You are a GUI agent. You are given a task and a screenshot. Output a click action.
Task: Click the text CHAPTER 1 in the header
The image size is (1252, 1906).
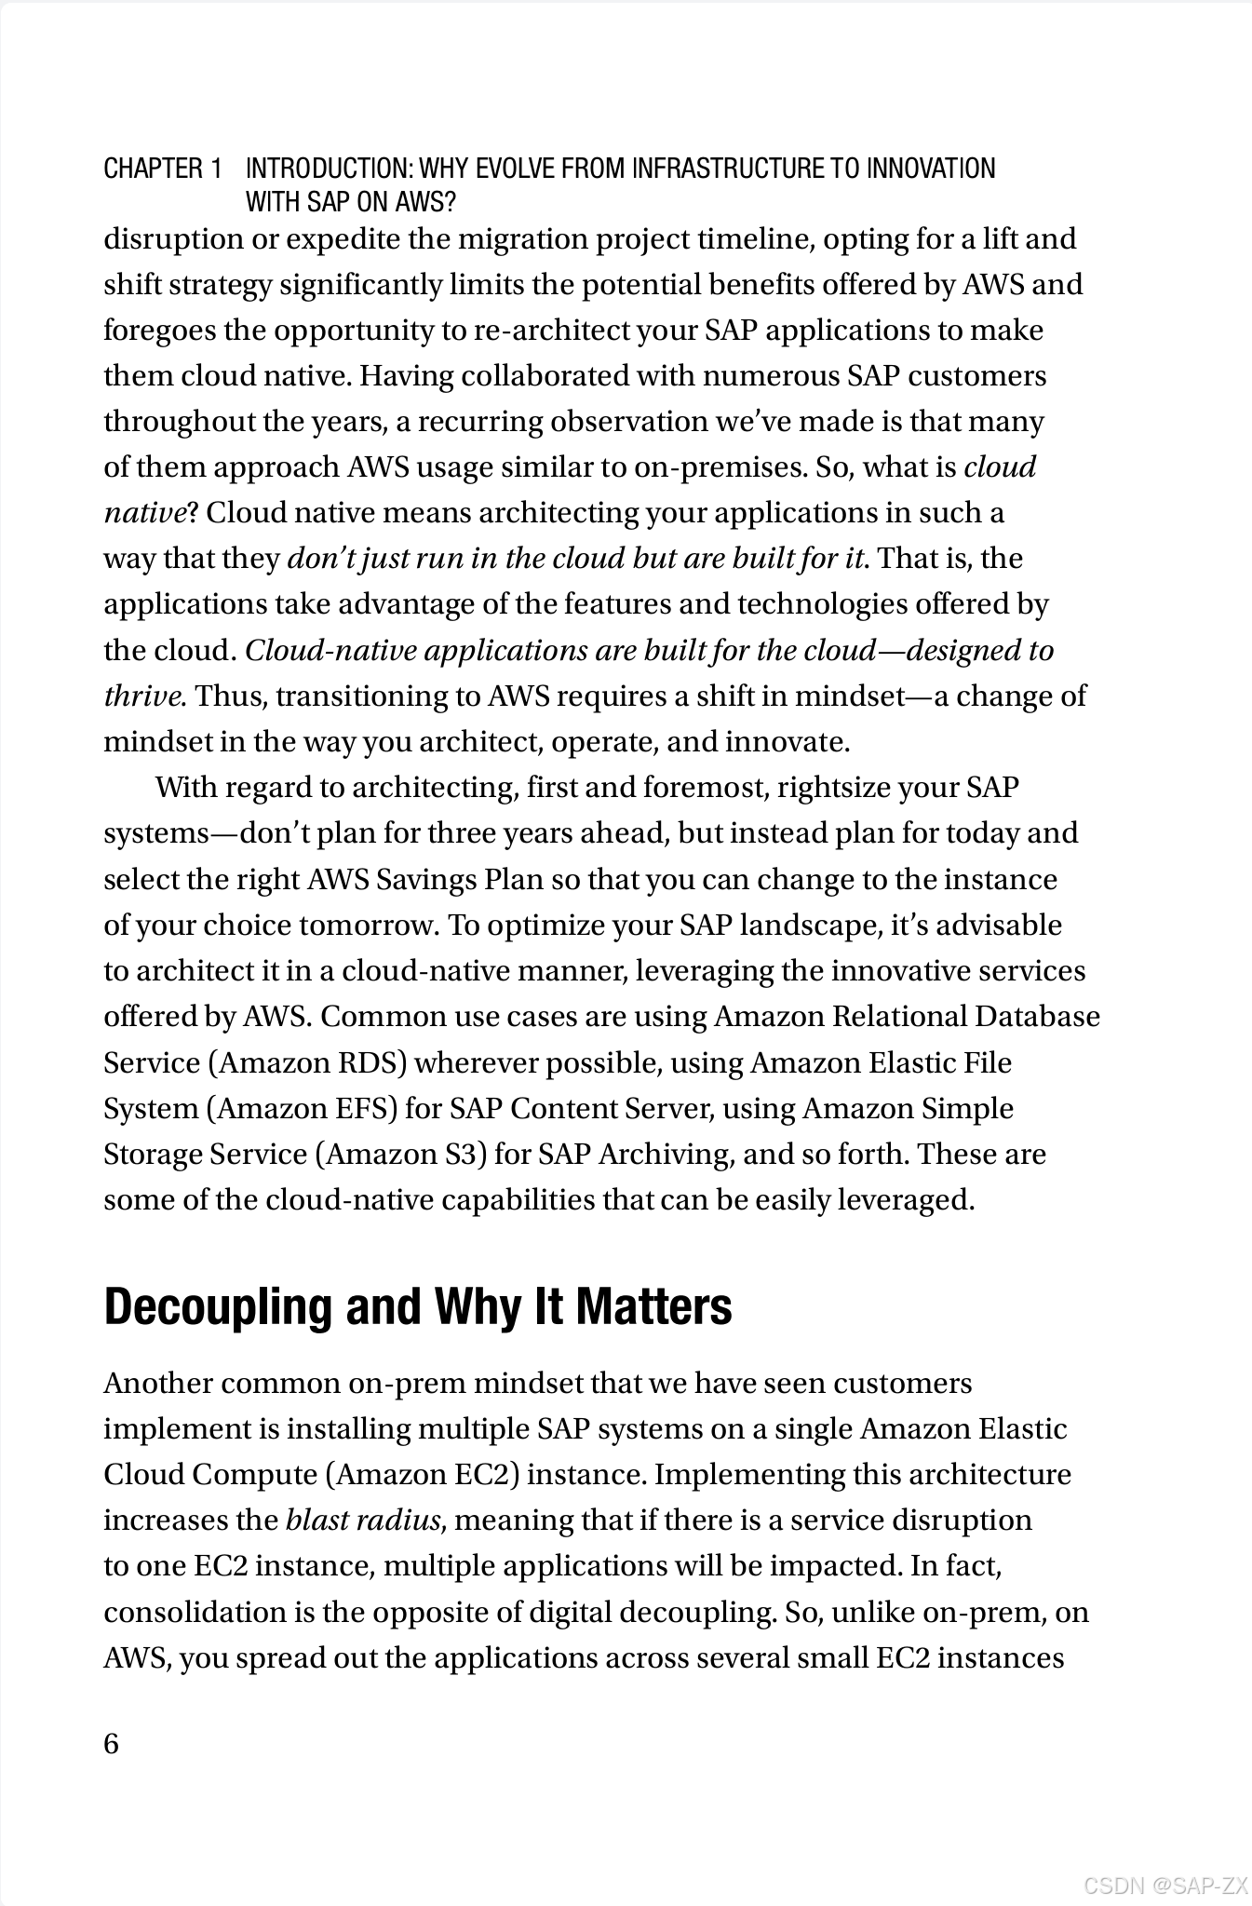click(x=163, y=169)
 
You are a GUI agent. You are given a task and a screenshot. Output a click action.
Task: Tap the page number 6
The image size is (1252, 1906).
click(x=112, y=1743)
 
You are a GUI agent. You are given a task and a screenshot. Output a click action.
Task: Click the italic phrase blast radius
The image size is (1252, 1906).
click(x=363, y=1520)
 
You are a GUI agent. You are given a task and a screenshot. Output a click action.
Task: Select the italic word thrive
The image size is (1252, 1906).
click(x=142, y=696)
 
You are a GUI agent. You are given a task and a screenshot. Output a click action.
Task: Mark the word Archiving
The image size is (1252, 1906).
click(x=666, y=1154)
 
